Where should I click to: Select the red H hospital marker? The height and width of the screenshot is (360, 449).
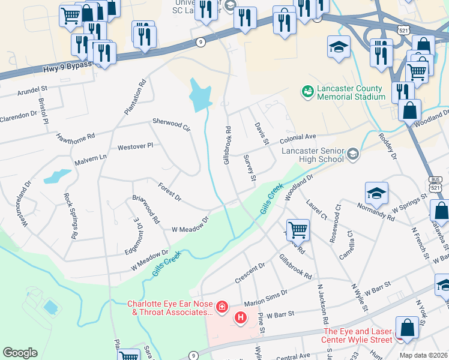tap(241, 317)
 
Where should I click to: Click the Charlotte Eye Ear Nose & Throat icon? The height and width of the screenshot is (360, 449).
tap(222, 308)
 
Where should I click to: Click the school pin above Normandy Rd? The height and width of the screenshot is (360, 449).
tap(376, 193)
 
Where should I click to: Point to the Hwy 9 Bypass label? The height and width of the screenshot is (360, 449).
tap(67, 68)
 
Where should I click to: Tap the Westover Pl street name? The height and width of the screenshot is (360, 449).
tap(136, 146)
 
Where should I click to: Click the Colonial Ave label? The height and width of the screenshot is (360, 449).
tap(298, 137)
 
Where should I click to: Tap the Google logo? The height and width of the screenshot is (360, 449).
tap(20, 353)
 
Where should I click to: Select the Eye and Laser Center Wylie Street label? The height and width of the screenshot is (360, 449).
tap(358, 335)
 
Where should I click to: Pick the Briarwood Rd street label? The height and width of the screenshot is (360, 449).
tap(146, 209)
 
